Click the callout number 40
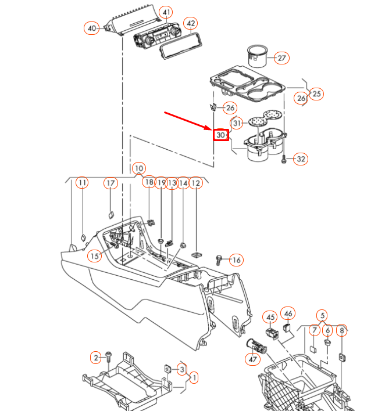tap(92, 28)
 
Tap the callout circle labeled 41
tap(166, 13)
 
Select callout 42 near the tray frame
tap(191, 24)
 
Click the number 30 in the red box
tap(220, 135)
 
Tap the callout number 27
tap(282, 58)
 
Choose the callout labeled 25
tap(316, 93)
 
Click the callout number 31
tap(237, 123)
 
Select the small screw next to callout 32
tap(283, 158)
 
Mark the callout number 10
tap(138, 169)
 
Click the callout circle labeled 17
tap(110, 183)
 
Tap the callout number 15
tap(94, 255)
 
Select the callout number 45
tap(270, 317)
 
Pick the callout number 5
tap(322, 315)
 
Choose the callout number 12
tap(195, 183)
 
